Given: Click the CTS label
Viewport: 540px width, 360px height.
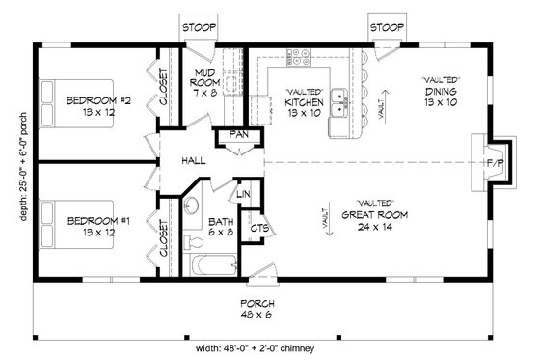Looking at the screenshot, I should tap(257, 230).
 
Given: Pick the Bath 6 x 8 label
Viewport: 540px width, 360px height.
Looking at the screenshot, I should tap(222, 226).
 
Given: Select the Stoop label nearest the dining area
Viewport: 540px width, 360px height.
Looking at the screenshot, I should tap(387, 27).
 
